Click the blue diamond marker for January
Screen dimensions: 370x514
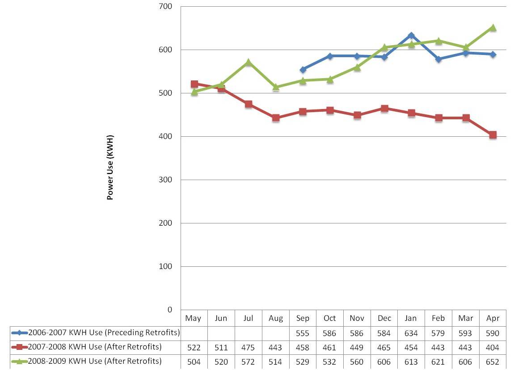411,35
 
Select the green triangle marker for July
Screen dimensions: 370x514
249,62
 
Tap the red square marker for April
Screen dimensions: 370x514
493,135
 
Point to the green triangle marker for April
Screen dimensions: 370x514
493,28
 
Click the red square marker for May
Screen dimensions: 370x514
194,84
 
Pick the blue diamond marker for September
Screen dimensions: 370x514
303,70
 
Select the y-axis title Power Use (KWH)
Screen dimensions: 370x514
110,167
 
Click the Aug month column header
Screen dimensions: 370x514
276,318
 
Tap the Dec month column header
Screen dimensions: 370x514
384,318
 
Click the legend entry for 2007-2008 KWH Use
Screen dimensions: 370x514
94,347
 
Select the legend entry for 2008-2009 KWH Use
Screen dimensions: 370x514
94,361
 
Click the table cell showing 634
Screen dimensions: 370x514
411,332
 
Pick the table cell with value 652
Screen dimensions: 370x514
493,362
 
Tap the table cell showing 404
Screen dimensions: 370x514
493,347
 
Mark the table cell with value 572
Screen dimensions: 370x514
249,362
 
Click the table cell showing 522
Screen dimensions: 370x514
194,347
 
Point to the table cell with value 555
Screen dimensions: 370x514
303,332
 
